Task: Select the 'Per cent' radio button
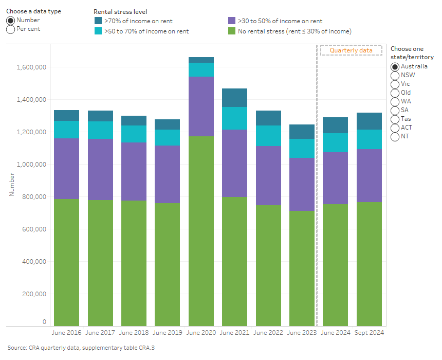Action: [10, 29]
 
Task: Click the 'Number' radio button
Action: [10, 21]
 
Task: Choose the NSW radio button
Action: [395, 75]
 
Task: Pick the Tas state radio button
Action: [395, 119]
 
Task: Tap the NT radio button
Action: [395, 137]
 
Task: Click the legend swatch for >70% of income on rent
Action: [98, 21]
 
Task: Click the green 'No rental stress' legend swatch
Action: [232, 31]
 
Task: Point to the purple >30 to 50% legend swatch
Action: [232, 21]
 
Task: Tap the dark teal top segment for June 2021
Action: [234, 98]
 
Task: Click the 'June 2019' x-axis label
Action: [167, 333]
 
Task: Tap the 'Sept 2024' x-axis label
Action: [369, 333]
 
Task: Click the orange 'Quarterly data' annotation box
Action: [351, 50]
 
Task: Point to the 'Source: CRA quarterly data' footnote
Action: [81, 348]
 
